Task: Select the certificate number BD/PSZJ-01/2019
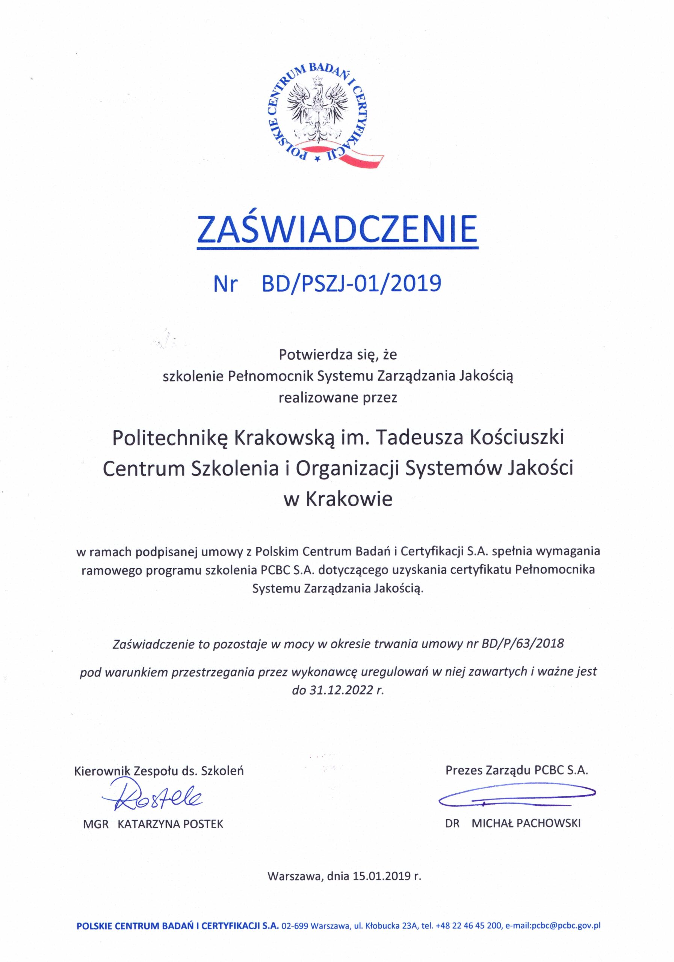coord(351,284)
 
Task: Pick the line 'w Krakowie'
coord(338,499)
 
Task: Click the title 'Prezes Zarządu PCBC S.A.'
coord(517,770)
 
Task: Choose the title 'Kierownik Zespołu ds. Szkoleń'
coord(159,771)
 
